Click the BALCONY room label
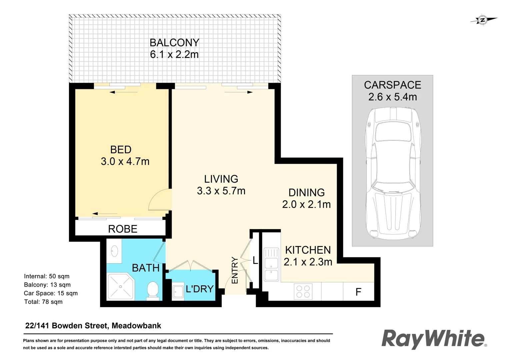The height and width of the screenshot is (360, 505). point(174,43)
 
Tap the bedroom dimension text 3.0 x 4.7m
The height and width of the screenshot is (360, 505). point(125,161)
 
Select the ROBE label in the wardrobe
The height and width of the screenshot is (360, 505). point(123,229)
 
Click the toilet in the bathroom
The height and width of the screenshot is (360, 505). point(153,290)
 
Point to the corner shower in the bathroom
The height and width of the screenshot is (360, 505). point(120,287)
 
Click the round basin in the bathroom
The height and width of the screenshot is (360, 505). point(114,251)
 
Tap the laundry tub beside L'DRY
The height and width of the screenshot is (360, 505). point(178,292)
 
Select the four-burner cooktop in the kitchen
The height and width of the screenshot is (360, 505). point(303,291)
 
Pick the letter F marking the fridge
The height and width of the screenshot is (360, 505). point(358,292)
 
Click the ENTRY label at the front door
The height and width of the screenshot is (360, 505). point(235,270)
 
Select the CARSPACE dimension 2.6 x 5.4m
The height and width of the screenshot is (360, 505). point(392,97)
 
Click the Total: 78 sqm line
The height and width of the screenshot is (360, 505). point(43,302)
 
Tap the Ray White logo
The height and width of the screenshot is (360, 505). point(433,339)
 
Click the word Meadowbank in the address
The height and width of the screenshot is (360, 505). point(136,326)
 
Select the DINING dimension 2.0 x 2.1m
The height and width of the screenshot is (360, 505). point(306,204)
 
